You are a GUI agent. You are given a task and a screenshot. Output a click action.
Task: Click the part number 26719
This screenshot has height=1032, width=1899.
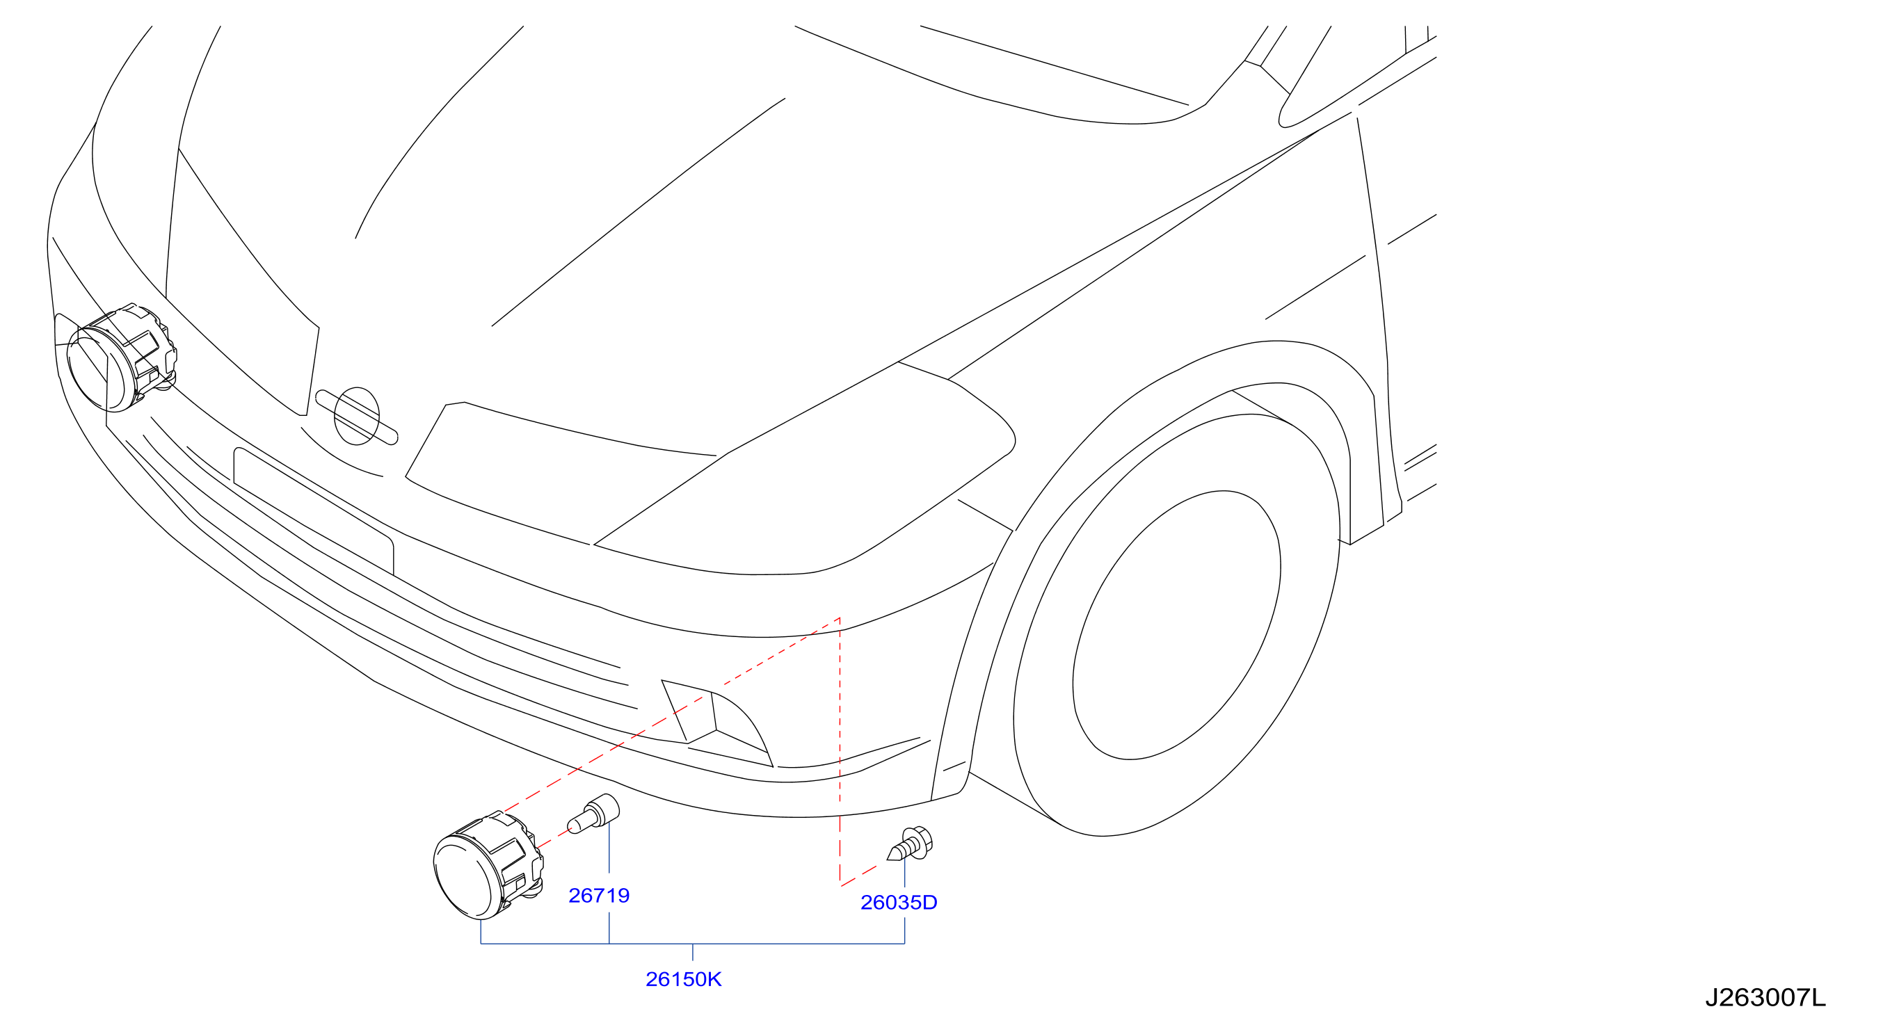click(x=599, y=896)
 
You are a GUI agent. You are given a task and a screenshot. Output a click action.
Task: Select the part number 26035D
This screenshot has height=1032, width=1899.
click(x=899, y=902)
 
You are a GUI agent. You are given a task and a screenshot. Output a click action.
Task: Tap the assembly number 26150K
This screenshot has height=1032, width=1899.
click(x=683, y=979)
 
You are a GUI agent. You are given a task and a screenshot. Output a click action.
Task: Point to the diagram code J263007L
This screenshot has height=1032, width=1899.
click(x=1765, y=997)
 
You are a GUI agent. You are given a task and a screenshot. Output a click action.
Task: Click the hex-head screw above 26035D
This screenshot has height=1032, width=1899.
click(x=911, y=845)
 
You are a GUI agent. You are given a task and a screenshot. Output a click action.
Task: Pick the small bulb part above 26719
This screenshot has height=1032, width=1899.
click(x=593, y=813)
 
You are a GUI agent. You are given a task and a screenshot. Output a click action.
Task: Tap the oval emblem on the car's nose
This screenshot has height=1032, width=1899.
click(x=357, y=417)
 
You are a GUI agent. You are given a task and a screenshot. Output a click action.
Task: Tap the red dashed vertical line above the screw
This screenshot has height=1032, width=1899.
click(x=840, y=750)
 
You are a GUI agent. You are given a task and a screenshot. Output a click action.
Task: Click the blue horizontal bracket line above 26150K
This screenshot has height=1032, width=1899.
click(x=692, y=944)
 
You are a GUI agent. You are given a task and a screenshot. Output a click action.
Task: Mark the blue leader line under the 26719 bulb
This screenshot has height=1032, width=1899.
click(x=609, y=848)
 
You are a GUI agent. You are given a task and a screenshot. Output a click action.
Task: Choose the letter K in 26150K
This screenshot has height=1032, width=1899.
click(x=714, y=979)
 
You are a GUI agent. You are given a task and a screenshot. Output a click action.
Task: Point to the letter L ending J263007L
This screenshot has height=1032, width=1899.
click(x=1820, y=997)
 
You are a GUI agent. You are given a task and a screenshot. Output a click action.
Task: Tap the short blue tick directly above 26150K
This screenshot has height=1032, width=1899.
click(x=693, y=953)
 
